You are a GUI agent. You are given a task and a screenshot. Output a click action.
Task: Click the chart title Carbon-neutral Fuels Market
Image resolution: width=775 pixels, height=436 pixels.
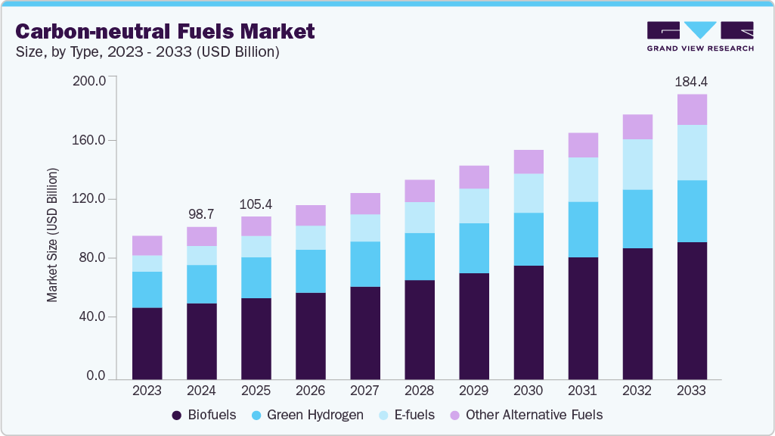[x=165, y=31]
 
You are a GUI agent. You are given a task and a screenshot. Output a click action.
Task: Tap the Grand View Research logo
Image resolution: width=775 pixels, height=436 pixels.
[x=700, y=36]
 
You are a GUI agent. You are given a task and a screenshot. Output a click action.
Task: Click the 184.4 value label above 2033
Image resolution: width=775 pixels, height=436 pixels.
[x=691, y=81]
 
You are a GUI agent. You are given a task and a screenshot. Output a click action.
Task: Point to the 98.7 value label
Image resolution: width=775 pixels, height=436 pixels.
[x=201, y=214]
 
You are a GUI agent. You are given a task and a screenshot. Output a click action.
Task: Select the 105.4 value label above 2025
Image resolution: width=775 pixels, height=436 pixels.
[x=256, y=204]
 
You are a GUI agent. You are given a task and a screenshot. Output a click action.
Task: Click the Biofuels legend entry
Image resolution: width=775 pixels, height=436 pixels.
[x=204, y=415]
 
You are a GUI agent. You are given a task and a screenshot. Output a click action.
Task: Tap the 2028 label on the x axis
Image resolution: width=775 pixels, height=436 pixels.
[x=419, y=391]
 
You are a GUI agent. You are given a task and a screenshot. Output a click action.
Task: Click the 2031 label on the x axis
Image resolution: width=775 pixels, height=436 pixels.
[x=582, y=391]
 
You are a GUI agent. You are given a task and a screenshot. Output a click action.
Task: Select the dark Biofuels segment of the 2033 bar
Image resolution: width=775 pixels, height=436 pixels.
[x=691, y=310]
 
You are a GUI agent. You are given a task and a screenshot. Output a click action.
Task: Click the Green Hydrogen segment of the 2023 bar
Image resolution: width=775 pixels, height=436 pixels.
[x=147, y=289]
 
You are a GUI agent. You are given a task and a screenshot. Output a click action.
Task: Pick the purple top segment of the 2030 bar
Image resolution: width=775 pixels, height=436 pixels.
[x=528, y=161]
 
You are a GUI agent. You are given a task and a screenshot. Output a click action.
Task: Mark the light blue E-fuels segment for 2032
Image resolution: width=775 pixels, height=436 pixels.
[x=637, y=164]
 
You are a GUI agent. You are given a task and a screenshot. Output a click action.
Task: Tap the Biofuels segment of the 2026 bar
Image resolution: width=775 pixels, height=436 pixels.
[x=310, y=335]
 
